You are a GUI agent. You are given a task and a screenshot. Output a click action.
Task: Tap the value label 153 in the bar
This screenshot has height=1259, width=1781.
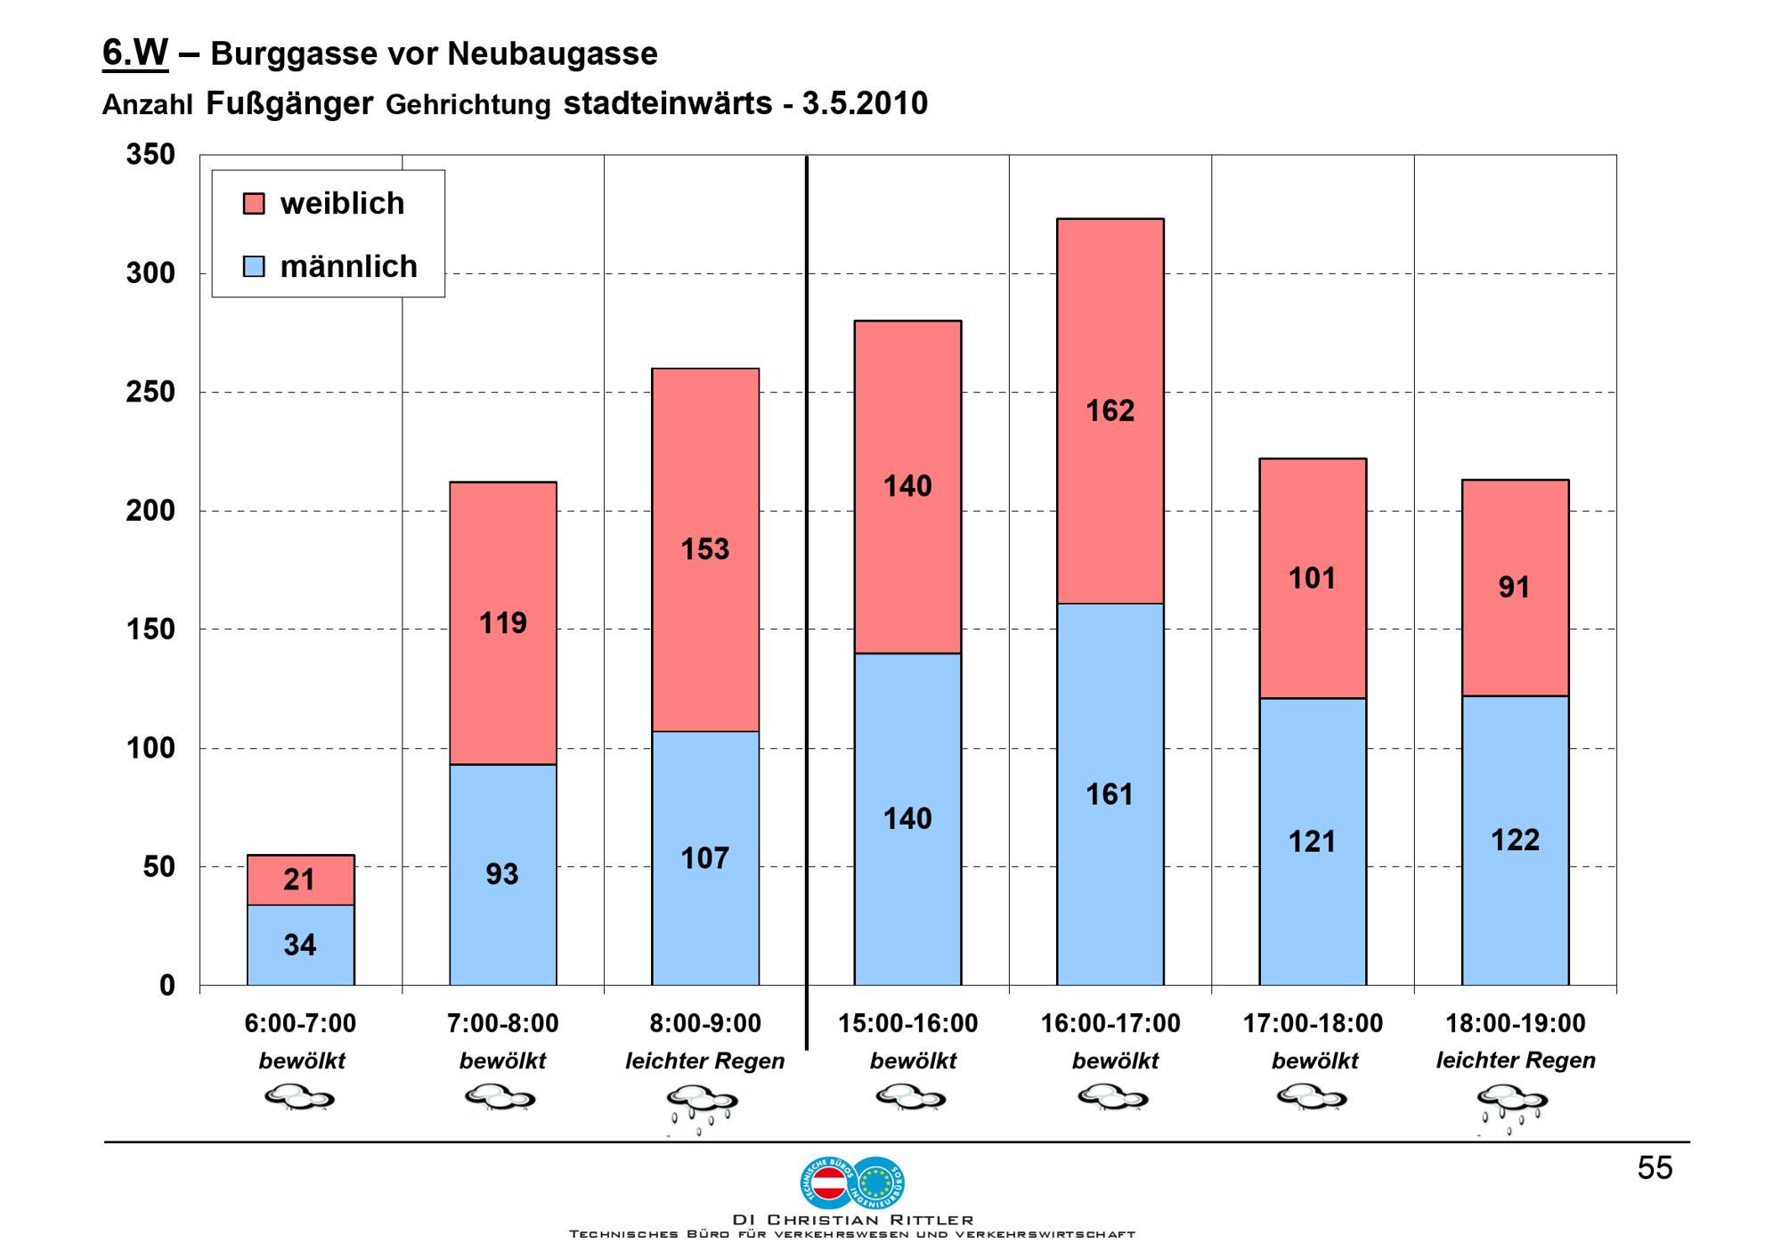pyautogui.click(x=704, y=549)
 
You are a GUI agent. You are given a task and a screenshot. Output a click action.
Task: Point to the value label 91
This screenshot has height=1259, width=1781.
pyautogui.click(x=1514, y=588)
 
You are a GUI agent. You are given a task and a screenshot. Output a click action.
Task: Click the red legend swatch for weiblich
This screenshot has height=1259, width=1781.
pyautogui.click(x=254, y=204)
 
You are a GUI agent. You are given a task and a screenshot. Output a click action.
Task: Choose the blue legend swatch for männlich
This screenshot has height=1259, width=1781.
pyautogui.click(x=254, y=266)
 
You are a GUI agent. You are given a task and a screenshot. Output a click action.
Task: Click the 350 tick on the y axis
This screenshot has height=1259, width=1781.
pyautogui.click(x=150, y=155)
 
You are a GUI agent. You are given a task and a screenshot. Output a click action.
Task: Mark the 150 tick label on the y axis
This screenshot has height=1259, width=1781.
pyautogui.click(x=150, y=629)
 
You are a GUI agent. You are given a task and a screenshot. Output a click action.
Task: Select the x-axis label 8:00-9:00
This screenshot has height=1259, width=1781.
pyautogui.click(x=704, y=1024)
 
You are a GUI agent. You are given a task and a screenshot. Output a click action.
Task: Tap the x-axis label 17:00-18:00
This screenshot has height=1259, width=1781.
pyautogui.click(x=1313, y=1024)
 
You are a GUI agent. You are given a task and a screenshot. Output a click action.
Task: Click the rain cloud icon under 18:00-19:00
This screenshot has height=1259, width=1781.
pyautogui.click(x=1513, y=1108)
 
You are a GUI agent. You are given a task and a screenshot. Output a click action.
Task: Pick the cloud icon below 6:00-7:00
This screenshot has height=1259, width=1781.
pyautogui.click(x=299, y=1098)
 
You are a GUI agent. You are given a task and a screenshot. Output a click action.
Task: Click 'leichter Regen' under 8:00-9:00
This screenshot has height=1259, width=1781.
pyautogui.click(x=704, y=1061)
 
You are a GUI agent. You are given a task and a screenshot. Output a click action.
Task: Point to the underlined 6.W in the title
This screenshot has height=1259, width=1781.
pyautogui.click(x=135, y=53)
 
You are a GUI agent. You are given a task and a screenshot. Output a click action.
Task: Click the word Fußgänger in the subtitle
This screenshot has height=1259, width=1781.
pyautogui.click(x=289, y=103)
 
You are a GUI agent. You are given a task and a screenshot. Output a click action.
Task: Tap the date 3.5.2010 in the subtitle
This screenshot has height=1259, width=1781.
pyautogui.click(x=865, y=103)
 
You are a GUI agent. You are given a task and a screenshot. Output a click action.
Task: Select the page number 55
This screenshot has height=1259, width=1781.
pyautogui.click(x=1655, y=1168)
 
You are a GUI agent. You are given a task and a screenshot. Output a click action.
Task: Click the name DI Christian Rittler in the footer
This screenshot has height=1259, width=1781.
pyautogui.click(x=852, y=1220)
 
